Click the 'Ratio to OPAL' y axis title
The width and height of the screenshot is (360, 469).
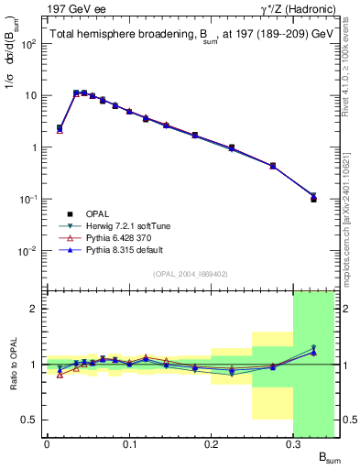tap(12, 364)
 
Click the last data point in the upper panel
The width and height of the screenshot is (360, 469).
tap(313, 198)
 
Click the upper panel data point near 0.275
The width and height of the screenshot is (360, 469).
tap(273, 166)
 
